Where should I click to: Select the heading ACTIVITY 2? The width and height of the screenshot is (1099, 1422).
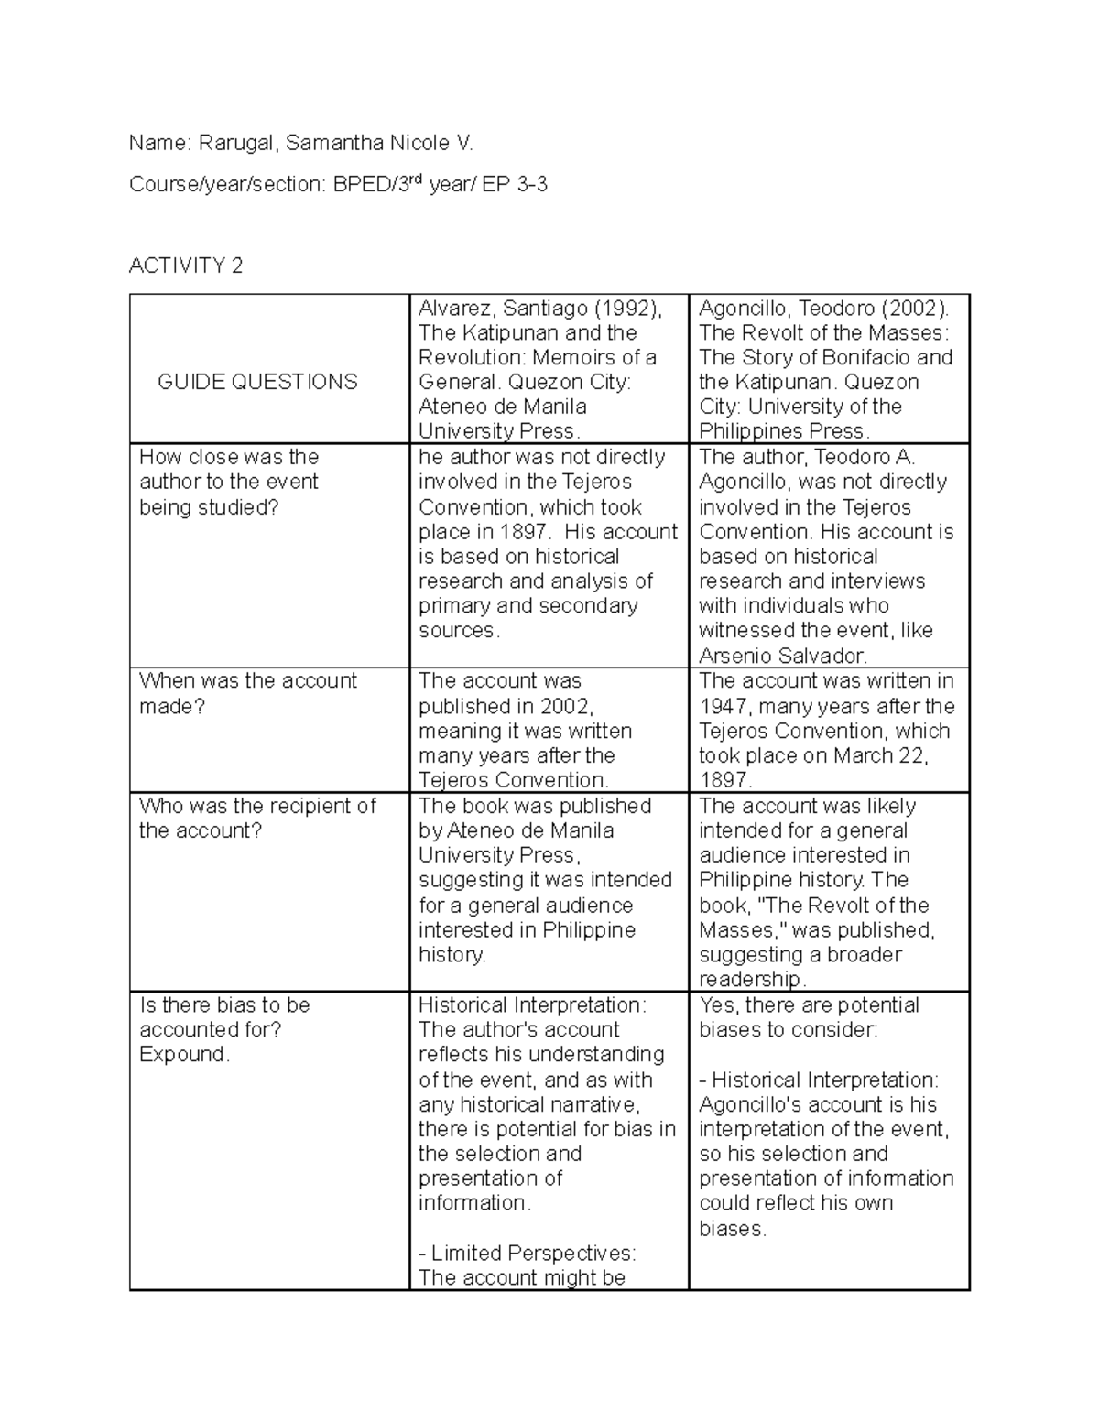click(x=186, y=266)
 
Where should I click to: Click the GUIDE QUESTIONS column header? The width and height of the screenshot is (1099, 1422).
click(x=257, y=382)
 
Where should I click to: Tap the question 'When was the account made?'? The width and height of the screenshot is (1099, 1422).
click(x=247, y=693)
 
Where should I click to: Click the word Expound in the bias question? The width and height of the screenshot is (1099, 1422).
click(x=181, y=1054)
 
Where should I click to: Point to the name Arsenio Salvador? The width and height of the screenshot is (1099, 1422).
click(x=781, y=656)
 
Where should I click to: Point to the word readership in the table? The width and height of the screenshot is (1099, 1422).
click(x=750, y=979)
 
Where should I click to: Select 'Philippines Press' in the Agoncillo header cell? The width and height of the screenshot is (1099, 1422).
click(x=782, y=431)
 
